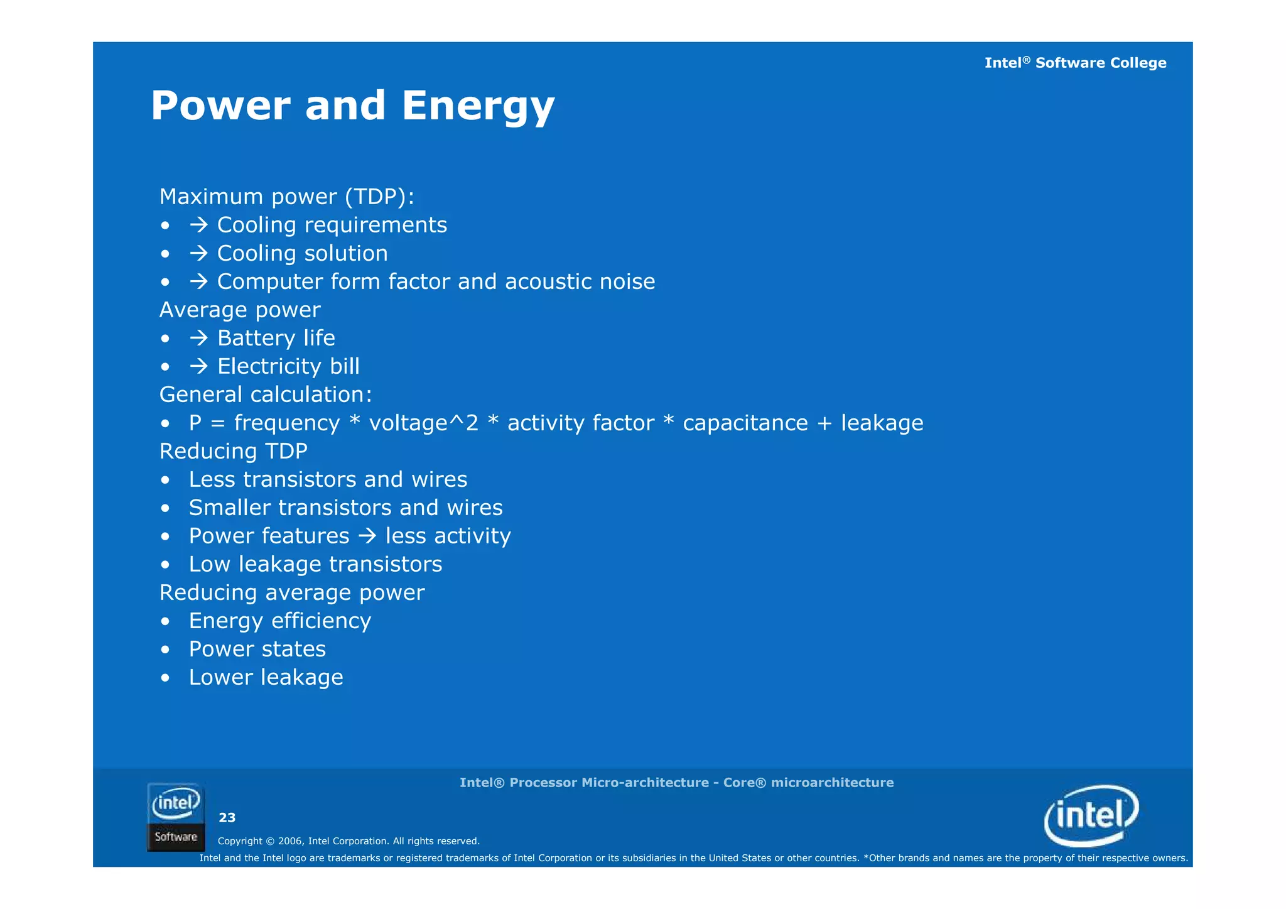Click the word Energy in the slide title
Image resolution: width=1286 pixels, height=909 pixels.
click(x=478, y=106)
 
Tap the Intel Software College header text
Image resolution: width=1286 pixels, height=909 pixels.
click(x=1074, y=63)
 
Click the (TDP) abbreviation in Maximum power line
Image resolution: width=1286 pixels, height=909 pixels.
click(x=379, y=197)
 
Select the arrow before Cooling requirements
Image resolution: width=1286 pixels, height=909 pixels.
click(x=199, y=225)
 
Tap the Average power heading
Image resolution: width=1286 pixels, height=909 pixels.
click(x=240, y=310)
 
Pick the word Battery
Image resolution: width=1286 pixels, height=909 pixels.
click(x=256, y=339)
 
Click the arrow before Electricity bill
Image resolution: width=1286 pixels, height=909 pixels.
click(x=199, y=366)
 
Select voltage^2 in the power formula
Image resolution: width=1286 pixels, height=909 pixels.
click(x=423, y=423)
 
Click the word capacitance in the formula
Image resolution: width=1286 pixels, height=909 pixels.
click(x=745, y=423)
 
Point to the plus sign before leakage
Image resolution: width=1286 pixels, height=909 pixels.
click(x=824, y=423)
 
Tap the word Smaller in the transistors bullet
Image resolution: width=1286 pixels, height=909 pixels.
click(x=229, y=508)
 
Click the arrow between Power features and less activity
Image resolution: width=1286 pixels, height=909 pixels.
click(x=367, y=536)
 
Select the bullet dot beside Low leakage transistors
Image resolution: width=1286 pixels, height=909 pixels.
click(x=165, y=565)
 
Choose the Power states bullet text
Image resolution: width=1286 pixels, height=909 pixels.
click(x=257, y=649)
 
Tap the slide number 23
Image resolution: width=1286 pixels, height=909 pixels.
click(x=227, y=817)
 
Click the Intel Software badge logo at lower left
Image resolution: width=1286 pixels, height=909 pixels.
click(x=176, y=817)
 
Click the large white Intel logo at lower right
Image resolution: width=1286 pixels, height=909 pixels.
click(x=1091, y=815)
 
